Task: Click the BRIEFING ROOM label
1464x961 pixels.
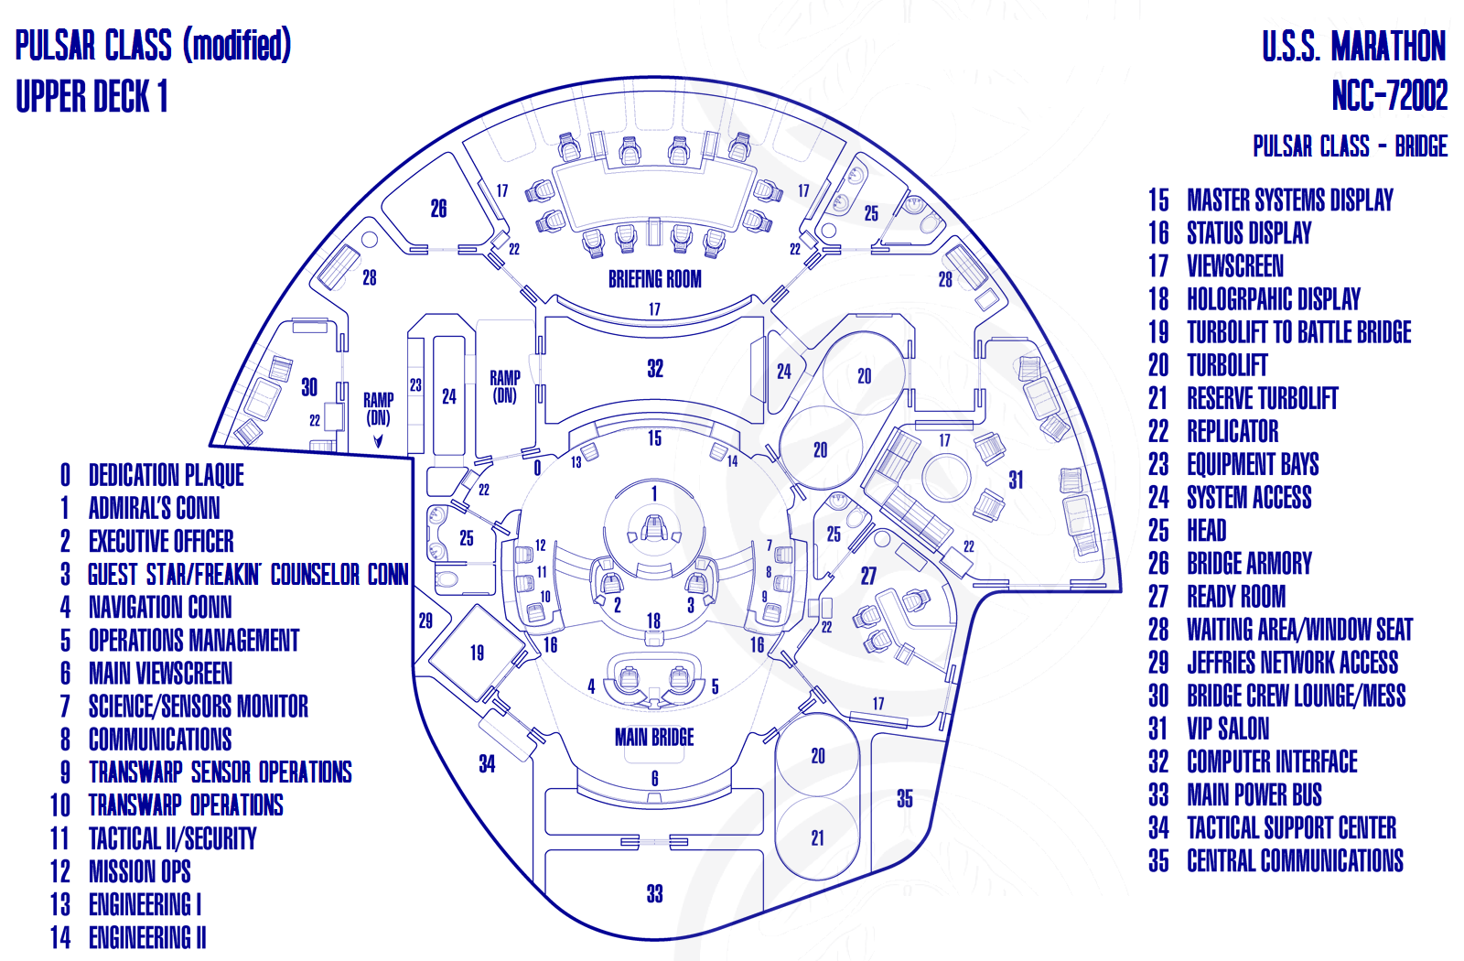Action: (655, 279)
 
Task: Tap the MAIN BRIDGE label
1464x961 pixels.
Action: (654, 737)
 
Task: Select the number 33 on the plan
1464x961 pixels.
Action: (655, 893)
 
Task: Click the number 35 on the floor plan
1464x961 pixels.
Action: (905, 798)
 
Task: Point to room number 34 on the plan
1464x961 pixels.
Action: (487, 763)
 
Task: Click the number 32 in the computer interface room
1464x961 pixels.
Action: (655, 369)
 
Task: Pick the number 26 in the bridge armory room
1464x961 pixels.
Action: (438, 209)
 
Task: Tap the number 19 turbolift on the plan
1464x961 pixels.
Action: (477, 653)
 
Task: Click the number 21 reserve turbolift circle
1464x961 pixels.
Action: (818, 838)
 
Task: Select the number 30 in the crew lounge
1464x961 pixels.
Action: (309, 387)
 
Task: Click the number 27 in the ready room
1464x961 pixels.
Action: (868, 576)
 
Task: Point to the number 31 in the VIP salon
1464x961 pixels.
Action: (1015, 480)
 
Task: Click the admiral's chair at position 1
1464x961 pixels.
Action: (653, 528)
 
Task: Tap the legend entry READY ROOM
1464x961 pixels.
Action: (1236, 596)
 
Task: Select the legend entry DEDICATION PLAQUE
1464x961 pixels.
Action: (166, 475)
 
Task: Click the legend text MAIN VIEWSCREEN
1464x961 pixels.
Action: (160, 674)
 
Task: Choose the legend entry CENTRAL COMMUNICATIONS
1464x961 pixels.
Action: (1295, 860)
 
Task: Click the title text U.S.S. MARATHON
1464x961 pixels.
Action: (1353, 46)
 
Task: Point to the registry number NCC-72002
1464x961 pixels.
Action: (1390, 96)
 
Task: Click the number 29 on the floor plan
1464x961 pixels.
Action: (425, 621)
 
